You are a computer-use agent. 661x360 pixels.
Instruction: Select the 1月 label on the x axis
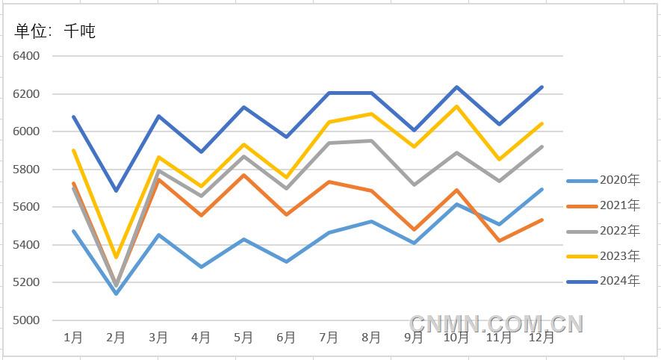(x=73, y=338)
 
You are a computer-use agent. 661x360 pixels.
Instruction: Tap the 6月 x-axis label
(x=286, y=338)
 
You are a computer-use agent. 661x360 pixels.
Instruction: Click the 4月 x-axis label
(x=201, y=338)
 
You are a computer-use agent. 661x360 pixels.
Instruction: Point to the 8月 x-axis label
(x=371, y=338)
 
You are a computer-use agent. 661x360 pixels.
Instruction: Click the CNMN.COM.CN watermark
(x=496, y=323)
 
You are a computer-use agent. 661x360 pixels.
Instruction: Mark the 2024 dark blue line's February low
(x=116, y=190)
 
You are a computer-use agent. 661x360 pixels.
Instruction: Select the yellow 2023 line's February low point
(x=116, y=257)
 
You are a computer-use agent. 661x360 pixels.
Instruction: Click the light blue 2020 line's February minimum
(x=116, y=294)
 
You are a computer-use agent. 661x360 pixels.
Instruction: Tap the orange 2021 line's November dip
(x=499, y=240)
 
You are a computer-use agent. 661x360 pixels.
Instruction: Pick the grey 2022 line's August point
(x=371, y=140)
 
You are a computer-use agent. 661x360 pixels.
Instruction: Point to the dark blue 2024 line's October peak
(x=456, y=87)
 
